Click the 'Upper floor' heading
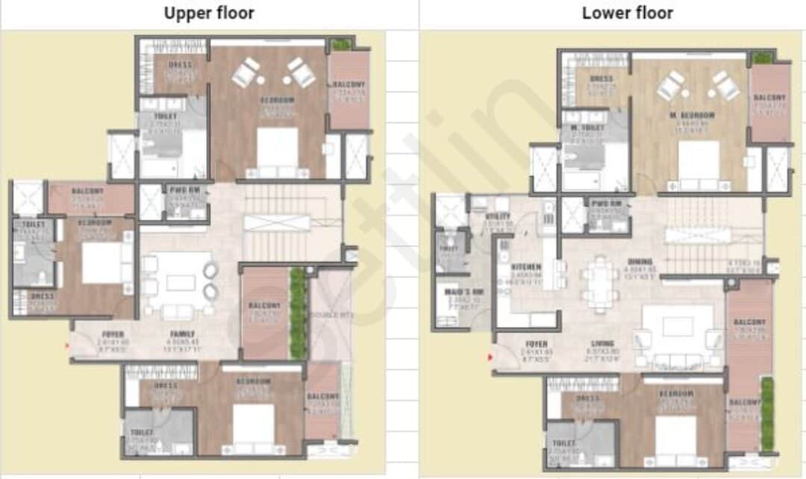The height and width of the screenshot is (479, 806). click(x=209, y=13)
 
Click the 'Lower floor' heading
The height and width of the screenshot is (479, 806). click(x=627, y=13)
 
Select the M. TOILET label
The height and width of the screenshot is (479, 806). click(x=586, y=128)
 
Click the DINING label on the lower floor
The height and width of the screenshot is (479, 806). click(x=640, y=262)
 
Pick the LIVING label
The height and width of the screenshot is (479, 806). click(x=604, y=344)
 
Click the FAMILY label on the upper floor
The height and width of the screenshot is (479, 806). click(x=182, y=334)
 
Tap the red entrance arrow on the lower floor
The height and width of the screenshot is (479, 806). click(x=490, y=357)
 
